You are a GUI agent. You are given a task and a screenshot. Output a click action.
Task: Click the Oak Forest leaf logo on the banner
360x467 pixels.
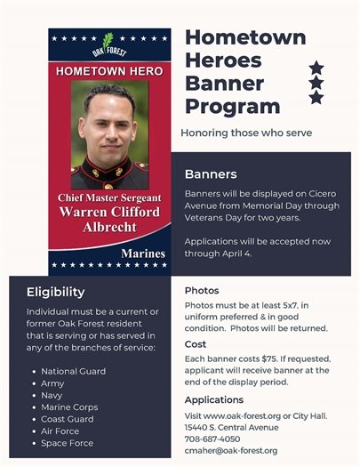coord(108,42)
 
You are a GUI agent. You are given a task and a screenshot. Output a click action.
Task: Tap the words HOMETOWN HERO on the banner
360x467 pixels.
coord(109,69)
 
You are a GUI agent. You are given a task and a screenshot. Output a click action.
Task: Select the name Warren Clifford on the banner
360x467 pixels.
coord(109,213)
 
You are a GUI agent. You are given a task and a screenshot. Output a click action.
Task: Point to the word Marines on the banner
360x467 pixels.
coord(143,254)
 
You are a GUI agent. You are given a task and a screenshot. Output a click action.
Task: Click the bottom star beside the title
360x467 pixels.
coord(316,98)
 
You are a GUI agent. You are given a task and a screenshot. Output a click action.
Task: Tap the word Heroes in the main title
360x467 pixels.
coord(224,60)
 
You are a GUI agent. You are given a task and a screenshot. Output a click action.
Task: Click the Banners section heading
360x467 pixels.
coord(210,173)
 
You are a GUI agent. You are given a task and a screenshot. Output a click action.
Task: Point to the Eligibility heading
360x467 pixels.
coord(56,292)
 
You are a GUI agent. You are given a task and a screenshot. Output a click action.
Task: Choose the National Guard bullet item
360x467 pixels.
coord(73,371)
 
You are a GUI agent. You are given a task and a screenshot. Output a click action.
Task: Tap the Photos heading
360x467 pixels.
coord(202,291)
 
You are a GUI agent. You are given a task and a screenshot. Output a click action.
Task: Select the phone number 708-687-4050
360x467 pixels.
coord(212,439)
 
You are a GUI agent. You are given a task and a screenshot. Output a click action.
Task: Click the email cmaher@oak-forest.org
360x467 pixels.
coord(231,451)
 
